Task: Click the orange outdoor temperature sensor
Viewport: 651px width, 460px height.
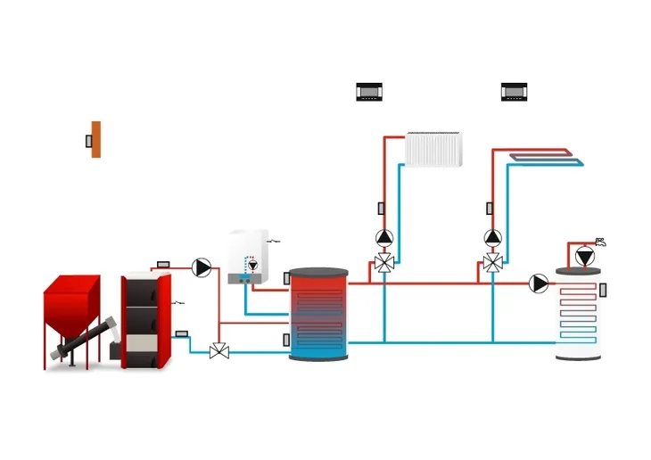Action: [95, 140]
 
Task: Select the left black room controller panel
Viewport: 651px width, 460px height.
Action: [369, 92]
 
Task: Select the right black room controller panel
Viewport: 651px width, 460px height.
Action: [515, 92]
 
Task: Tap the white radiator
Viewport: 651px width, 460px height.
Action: [434, 149]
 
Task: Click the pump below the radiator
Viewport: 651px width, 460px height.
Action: [384, 238]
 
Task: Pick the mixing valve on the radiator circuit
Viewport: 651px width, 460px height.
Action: [384, 264]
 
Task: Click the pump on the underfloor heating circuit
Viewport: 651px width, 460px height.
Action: [492, 238]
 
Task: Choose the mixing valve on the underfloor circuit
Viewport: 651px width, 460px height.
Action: [492, 264]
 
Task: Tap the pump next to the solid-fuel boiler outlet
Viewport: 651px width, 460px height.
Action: [202, 267]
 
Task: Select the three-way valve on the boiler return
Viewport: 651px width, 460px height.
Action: [218, 351]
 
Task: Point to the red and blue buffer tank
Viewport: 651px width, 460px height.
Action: [319, 314]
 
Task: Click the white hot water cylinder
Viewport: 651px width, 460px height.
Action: [578, 316]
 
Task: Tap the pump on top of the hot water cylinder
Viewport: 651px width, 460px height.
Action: [584, 258]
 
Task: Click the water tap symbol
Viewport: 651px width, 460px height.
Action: [600, 241]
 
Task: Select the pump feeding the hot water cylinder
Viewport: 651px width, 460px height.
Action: [539, 283]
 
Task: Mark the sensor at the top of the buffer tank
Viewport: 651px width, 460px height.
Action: [286, 278]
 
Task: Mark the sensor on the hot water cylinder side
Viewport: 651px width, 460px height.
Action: [604, 290]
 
